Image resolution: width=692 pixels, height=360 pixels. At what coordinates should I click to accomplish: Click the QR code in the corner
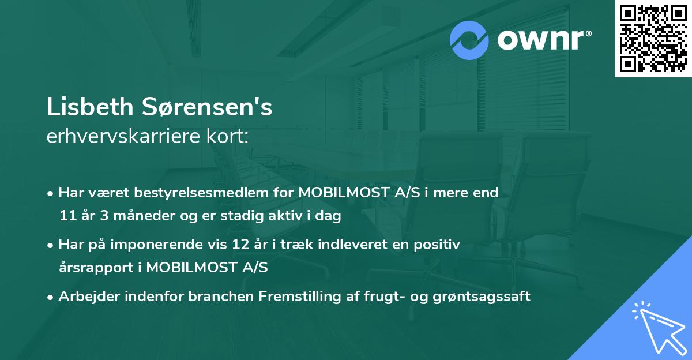tap(653, 38)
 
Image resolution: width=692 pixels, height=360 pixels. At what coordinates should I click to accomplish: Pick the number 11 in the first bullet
tap(67, 216)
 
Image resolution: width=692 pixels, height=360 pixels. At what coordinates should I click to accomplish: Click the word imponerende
tap(163, 245)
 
